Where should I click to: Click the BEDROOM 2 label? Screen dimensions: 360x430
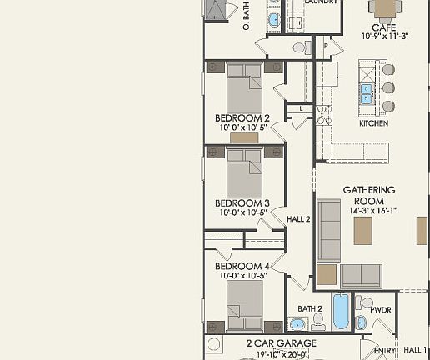(242, 117)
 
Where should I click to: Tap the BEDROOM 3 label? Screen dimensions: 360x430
(242, 202)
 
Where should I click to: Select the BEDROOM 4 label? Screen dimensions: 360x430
(242, 267)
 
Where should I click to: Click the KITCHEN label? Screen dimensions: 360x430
(373, 123)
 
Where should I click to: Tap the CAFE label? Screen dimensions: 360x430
(383, 27)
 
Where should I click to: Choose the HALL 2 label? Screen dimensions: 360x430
(298, 219)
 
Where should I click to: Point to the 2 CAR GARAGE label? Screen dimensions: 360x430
(281, 342)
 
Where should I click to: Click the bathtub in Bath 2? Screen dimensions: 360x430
(340, 312)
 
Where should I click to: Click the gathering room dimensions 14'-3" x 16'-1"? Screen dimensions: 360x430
(369, 211)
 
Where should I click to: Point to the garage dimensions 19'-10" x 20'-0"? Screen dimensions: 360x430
(281, 353)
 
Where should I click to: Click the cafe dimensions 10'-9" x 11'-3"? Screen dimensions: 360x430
(383, 37)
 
